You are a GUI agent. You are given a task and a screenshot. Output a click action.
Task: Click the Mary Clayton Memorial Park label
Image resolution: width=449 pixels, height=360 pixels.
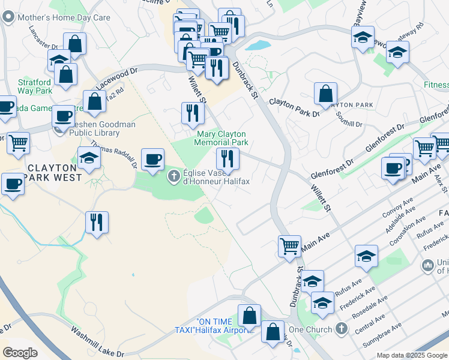pyautogui.click(x=221, y=138)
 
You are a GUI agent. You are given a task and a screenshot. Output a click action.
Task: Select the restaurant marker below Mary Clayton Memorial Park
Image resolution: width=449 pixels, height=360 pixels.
pyautogui.click(x=228, y=159)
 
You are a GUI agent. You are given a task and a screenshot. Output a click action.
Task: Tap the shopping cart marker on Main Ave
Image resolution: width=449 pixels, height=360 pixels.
pyautogui.click(x=289, y=246)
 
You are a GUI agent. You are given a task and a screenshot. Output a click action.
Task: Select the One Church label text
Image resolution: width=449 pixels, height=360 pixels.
pyautogui.click(x=310, y=329)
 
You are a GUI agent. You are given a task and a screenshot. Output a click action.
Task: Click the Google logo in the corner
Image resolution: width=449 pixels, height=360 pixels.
pyautogui.click(x=20, y=353)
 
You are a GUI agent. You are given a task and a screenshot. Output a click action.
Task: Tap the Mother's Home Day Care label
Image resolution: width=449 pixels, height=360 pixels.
pyautogui.click(x=64, y=17)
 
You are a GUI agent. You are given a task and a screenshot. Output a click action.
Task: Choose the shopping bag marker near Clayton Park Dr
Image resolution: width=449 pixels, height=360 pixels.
pyautogui.click(x=325, y=94)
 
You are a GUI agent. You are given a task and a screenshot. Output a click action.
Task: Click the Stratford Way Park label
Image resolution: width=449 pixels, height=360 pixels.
pyautogui.click(x=35, y=86)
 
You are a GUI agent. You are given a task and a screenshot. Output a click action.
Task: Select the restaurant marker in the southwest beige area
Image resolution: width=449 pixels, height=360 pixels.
pyautogui.click(x=97, y=223)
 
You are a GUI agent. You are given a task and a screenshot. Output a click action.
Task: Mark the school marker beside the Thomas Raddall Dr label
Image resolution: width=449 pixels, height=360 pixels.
pyautogui.click(x=89, y=159)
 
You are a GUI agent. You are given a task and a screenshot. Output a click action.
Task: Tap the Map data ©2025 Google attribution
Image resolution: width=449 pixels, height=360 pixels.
pyautogui.click(x=412, y=355)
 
